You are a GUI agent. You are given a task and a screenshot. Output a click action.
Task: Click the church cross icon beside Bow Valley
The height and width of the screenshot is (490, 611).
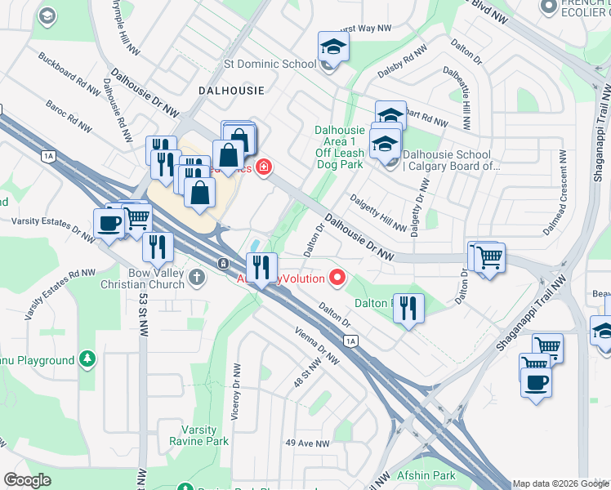tap(197, 278)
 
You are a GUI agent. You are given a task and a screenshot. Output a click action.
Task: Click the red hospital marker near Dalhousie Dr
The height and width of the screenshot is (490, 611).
tap(263, 168)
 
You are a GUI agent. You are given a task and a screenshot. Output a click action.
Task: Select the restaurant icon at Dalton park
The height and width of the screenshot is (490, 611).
tap(408, 309)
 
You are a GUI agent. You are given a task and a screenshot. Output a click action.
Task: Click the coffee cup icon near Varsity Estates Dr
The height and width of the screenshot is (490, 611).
tap(109, 223)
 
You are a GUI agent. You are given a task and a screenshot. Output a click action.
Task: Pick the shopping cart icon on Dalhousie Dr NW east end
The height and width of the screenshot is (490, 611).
tap(489, 258)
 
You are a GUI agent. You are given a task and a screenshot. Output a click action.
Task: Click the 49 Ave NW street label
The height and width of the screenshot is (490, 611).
tap(307, 443)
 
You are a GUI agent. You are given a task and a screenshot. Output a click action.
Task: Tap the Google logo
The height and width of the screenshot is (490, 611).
tap(28, 480)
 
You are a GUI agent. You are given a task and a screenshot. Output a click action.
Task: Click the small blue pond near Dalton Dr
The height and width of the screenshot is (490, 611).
tap(256, 244)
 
